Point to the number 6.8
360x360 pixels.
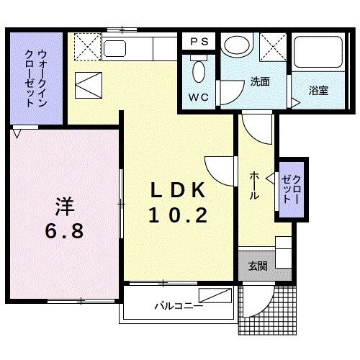pos(64,231)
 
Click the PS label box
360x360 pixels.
pos(199,42)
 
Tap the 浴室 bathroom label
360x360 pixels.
pos(318,91)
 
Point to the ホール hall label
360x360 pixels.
pos(255,185)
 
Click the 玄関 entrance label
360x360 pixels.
pos(258,266)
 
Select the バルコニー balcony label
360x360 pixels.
pos(178,305)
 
